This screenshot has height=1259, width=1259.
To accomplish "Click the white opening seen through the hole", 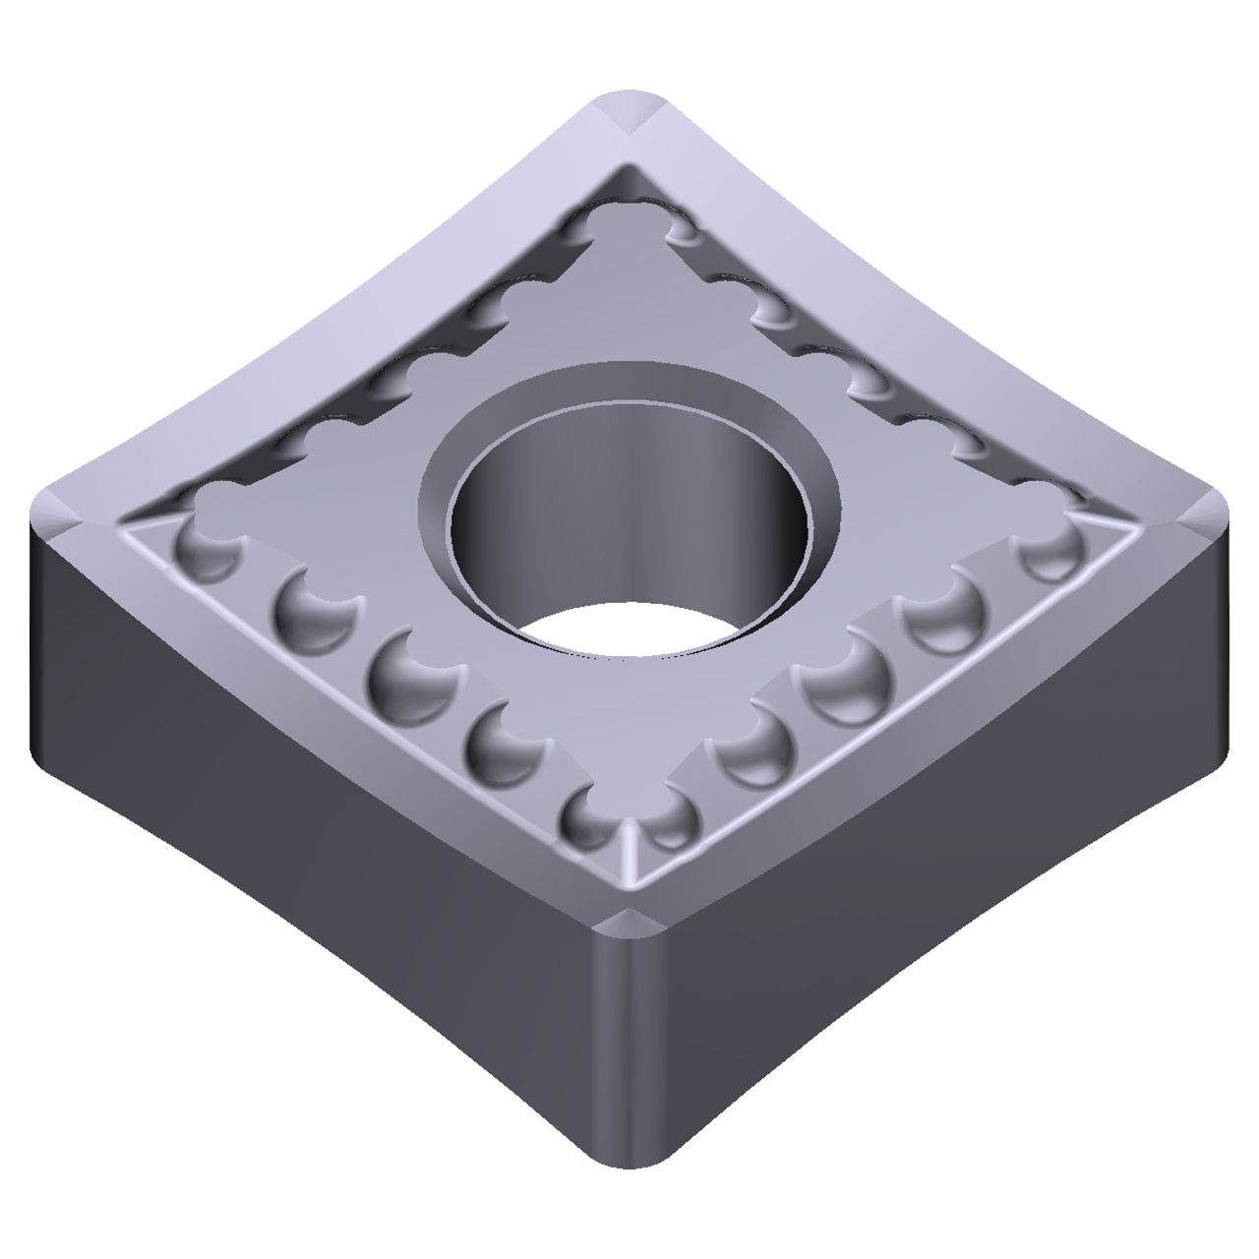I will coord(629,629).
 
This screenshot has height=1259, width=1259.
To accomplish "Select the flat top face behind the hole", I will coord(629,295).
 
